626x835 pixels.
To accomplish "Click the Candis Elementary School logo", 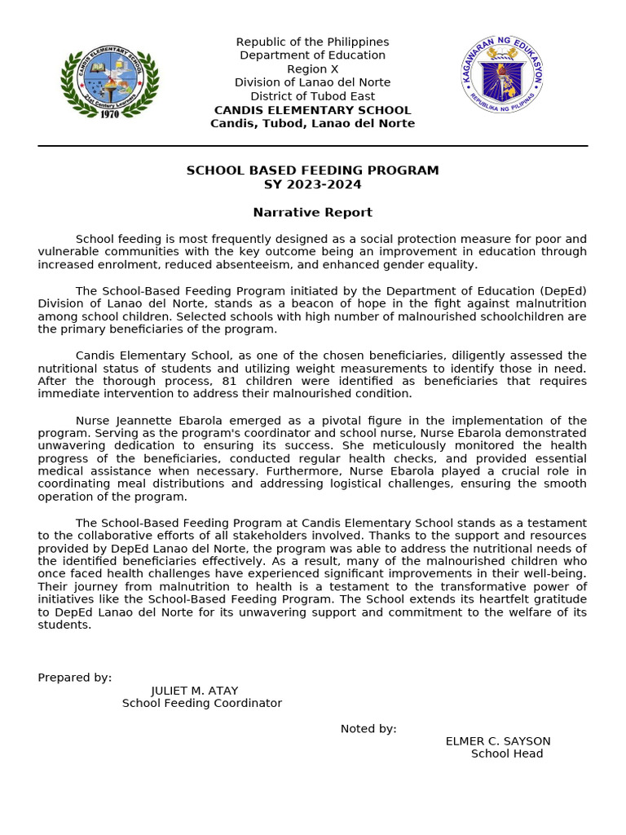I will [109, 81].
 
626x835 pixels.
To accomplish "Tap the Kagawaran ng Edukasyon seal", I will [502, 74].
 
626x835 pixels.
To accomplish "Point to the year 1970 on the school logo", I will [109, 114].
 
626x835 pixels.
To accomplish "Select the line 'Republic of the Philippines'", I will [312, 42].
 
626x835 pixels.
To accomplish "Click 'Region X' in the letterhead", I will [312, 69].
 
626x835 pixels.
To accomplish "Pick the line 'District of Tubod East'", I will [312, 96].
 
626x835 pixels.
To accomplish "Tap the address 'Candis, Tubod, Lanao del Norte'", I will [312, 123].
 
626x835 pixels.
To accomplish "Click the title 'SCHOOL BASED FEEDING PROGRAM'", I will [312, 170].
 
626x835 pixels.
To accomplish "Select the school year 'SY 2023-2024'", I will [312, 184].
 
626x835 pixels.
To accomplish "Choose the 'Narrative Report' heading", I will [312, 212].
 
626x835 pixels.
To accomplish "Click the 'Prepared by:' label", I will [75, 678].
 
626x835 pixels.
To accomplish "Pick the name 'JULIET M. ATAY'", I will [195, 691].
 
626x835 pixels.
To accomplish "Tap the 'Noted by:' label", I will [368, 728].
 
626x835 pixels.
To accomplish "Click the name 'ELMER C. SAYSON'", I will [498, 741].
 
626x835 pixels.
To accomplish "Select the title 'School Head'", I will [507, 753].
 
